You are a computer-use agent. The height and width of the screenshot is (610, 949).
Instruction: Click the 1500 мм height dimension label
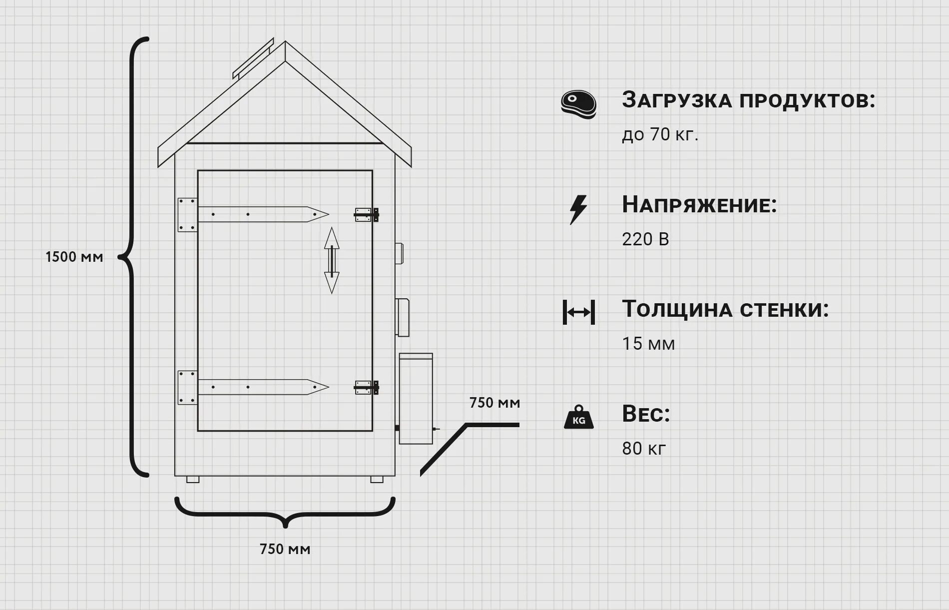click(x=74, y=257)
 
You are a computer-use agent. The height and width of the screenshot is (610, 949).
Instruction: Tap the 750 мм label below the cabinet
click(x=285, y=549)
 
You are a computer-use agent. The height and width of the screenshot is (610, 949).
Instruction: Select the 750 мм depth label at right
click(x=494, y=403)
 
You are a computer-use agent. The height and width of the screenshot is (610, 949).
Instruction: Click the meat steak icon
click(x=578, y=104)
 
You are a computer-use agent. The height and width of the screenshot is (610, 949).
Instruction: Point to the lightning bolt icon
click(x=578, y=209)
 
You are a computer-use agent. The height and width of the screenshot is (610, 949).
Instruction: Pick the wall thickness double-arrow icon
click(x=578, y=312)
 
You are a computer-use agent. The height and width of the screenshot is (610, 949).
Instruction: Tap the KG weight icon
click(x=578, y=417)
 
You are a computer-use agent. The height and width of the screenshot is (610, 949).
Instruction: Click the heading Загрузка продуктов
click(x=748, y=100)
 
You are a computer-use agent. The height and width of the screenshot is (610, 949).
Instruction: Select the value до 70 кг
click(x=660, y=134)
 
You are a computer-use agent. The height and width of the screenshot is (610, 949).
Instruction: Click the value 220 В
click(x=645, y=239)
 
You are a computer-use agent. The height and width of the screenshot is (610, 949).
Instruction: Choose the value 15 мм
click(x=648, y=344)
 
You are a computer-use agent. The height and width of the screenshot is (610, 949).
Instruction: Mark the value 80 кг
click(x=644, y=448)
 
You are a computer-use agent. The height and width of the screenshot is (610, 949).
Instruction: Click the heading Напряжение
click(x=699, y=205)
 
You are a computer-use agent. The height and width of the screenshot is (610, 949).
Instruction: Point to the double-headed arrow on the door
click(x=332, y=260)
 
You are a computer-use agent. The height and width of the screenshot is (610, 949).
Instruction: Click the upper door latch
click(x=367, y=215)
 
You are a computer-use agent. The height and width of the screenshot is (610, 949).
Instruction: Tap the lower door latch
click(x=367, y=388)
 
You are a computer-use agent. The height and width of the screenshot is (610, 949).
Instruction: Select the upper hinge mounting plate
click(x=187, y=215)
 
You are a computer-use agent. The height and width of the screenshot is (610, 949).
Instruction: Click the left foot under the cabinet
click(x=193, y=480)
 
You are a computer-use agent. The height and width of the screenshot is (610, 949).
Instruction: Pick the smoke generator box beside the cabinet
click(x=416, y=399)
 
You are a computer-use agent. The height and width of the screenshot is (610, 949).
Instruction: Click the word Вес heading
click(x=646, y=414)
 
